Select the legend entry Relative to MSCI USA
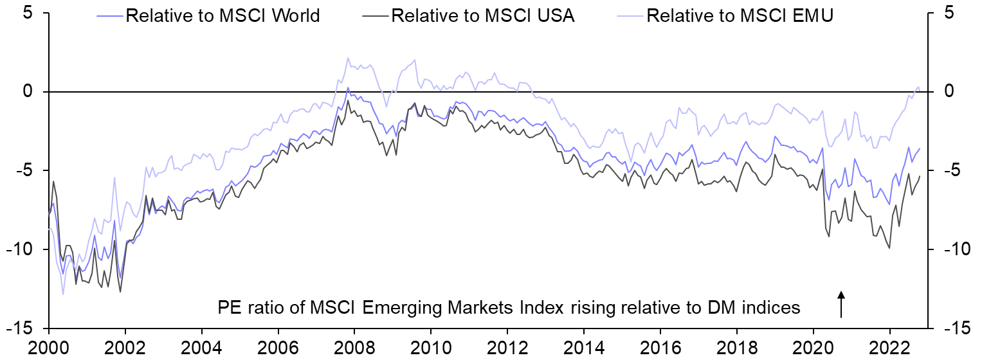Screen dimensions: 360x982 (x=482, y=15)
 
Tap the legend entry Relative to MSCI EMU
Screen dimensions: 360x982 (x=740, y=15)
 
